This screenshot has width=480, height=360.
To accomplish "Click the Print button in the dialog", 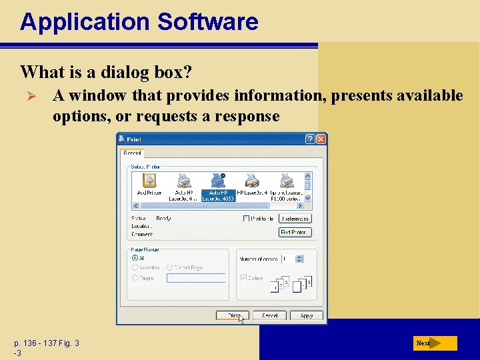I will pos(232,315).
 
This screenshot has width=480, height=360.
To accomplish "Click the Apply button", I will pos(307,315).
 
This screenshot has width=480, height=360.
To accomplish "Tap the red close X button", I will pos(321,139).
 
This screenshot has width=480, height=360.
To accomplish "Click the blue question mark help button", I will pos(310,139).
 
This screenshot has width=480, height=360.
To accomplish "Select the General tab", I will pos(132,153).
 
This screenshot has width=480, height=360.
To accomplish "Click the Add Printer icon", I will pos(149,181).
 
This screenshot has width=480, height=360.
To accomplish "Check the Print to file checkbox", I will pos(247,219).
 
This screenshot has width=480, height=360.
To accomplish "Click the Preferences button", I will pos(295,219).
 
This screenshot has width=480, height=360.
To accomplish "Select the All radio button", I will pos(135,257).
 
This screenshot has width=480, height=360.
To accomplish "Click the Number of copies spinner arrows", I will pos(298,258).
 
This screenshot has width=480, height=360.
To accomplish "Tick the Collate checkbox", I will pos(243,278).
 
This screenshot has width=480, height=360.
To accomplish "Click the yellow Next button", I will pos(435,343).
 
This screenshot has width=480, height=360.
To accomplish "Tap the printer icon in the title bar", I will pos(121,139).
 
